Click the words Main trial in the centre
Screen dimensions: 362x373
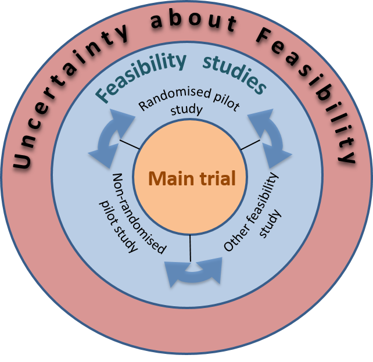(192, 178)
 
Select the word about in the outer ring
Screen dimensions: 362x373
(193, 23)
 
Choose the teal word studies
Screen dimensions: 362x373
(234, 74)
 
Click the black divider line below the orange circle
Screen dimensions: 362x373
(190, 247)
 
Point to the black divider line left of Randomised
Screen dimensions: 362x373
(129, 145)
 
